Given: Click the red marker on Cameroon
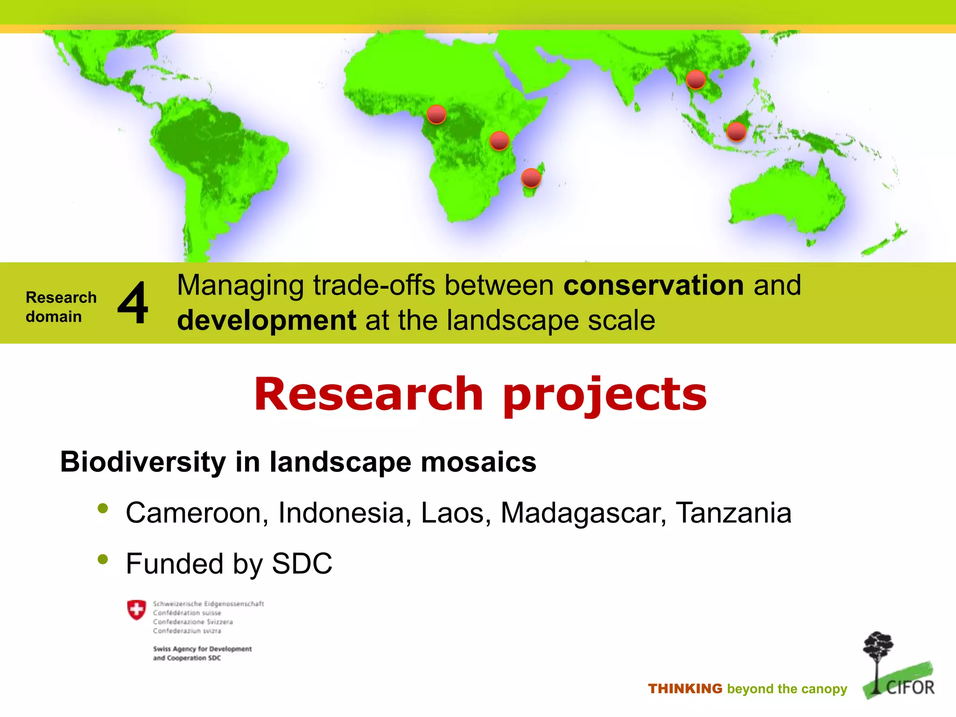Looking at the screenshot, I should click(x=436, y=114).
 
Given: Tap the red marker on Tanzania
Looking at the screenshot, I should click(x=499, y=141).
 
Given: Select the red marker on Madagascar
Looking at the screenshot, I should click(x=531, y=178).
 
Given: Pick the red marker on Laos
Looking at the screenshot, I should click(x=696, y=80).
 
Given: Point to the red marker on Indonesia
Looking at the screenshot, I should click(x=736, y=132).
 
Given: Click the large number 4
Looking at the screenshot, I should click(x=133, y=303).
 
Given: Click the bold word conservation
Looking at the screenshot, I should click(x=654, y=285).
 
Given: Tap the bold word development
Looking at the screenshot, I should click(x=267, y=321).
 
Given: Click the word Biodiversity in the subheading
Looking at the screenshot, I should click(x=143, y=462).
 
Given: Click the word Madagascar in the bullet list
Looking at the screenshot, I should click(x=583, y=513).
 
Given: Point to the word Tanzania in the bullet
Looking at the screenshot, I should click(x=733, y=513).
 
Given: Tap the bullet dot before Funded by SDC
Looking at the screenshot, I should click(x=103, y=559).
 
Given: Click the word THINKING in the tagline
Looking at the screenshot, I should click(x=685, y=689).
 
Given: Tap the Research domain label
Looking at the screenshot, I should click(x=61, y=307).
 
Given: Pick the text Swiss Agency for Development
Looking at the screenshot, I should click(x=202, y=649).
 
